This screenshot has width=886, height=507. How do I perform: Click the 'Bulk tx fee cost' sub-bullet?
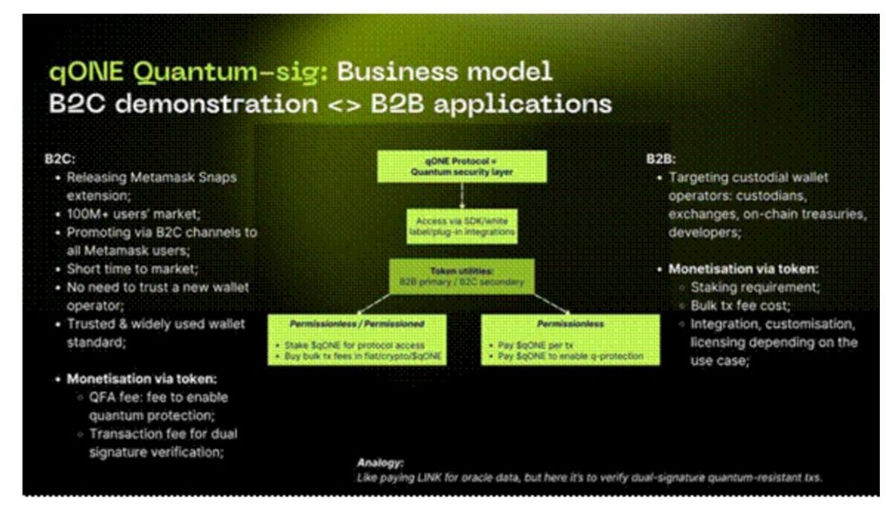coord(735,305)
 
